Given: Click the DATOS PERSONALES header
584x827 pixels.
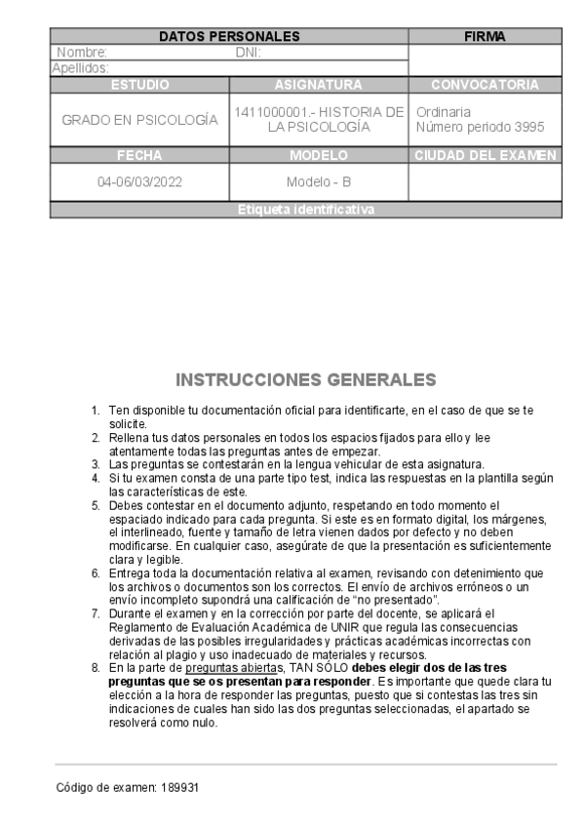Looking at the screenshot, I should (x=229, y=36).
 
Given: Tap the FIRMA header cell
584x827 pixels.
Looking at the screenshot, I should (x=485, y=36).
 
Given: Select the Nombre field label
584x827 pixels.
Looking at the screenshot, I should (x=82, y=53).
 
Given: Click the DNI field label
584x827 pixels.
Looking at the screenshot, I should (x=248, y=53).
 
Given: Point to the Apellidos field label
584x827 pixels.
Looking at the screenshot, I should (x=80, y=68).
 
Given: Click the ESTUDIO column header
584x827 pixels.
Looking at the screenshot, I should (x=139, y=85).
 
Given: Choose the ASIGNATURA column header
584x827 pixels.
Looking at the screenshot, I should (x=319, y=85).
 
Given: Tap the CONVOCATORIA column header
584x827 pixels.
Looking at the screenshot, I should (x=485, y=85).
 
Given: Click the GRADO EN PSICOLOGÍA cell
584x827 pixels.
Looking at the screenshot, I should (x=139, y=120).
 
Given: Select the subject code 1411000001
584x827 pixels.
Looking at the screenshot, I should (x=267, y=113).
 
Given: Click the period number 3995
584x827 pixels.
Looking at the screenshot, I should (x=526, y=128).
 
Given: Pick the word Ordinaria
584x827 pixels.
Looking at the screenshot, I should (x=444, y=112).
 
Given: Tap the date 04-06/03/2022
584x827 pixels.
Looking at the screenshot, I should (x=139, y=182).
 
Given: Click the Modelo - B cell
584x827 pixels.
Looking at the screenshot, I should (x=319, y=182).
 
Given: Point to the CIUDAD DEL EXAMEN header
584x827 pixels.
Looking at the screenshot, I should (x=485, y=155).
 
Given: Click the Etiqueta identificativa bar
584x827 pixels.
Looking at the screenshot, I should (x=305, y=210).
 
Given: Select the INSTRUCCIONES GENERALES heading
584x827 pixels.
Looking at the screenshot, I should (x=305, y=378).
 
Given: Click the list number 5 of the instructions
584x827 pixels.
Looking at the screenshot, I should (x=96, y=505).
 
